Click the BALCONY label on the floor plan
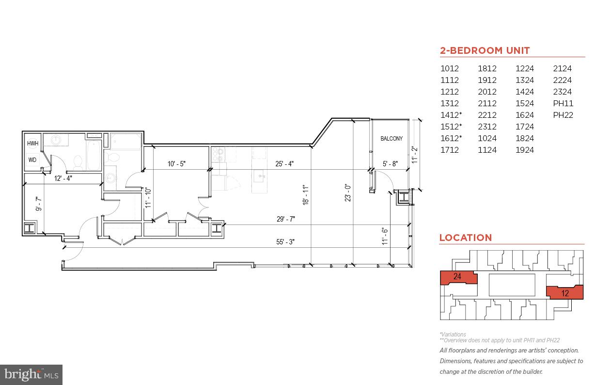[x=391, y=139]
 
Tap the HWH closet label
[x=32, y=144]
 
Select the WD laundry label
[x=32, y=160]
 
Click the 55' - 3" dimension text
[x=285, y=242]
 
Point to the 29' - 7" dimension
[x=285, y=219]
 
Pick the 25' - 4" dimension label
[x=284, y=164]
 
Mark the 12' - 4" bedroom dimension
[x=63, y=178]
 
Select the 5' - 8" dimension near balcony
[x=390, y=164]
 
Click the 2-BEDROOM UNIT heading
[x=485, y=50]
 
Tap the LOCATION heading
[x=465, y=238]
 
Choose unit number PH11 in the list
[x=563, y=103]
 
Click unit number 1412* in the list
[x=451, y=115]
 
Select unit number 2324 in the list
[x=562, y=92]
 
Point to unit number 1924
[x=525, y=150]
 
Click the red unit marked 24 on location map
[x=457, y=277]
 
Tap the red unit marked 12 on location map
[x=565, y=292]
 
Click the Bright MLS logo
[x=31, y=374]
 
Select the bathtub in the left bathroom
[x=94, y=155]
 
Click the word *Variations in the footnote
[x=453, y=334]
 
